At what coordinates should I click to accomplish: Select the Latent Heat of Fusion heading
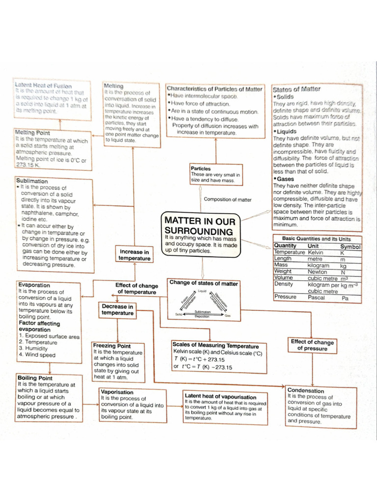pos(43,86)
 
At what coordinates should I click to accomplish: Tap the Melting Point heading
pos(32,133)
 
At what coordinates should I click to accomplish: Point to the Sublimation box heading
pos(32,181)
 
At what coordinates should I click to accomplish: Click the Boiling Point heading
pos(35,378)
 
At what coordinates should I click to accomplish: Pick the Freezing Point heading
pos(111,346)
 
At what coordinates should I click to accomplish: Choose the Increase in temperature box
pos(134,255)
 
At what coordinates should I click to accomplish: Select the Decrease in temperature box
pos(117,310)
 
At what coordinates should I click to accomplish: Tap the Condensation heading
pos(306,391)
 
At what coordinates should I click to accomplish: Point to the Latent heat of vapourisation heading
pos(220,396)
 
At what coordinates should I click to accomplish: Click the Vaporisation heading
pos(117,392)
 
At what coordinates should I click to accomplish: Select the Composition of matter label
pos(227,200)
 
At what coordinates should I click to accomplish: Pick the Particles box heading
pos(201,169)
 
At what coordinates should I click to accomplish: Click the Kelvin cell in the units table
pos(316,252)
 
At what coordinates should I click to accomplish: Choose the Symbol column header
pos(350,246)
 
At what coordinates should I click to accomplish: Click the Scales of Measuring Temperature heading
pos(215,346)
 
